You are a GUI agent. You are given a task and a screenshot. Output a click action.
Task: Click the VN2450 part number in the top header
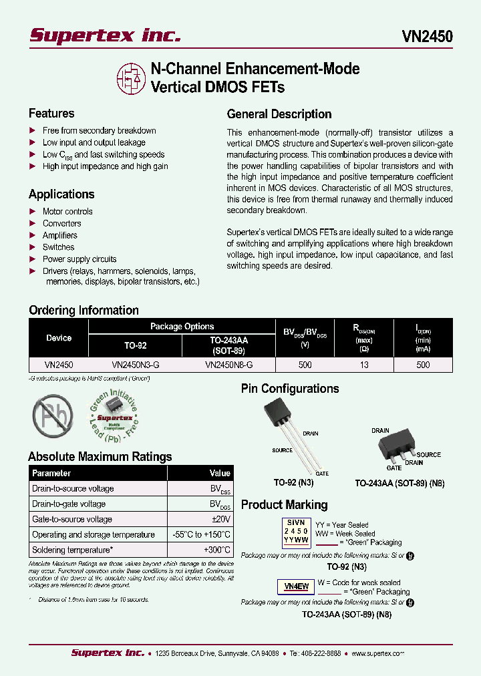pyautogui.click(x=427, y=36)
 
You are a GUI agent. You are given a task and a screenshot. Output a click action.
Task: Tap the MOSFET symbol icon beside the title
pyautogui.click(x=130, y=79)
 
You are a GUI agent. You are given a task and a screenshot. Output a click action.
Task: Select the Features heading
pyautogui.click(x=51, y=114)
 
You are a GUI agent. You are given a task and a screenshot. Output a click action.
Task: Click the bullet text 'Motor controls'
pyautogui.click(x=67, y=211)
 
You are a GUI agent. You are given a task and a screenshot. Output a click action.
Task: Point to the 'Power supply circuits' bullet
pyautogui.click(x=79, y=259)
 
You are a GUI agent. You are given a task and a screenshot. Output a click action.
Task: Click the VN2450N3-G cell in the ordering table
pyautogui.click(x=136, y=365)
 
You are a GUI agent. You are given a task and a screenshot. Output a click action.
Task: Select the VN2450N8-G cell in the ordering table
pyautogui.click(x=228, y=365)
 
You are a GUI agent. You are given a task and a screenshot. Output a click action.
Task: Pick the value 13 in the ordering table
pyautogui.click(x=365, y=365)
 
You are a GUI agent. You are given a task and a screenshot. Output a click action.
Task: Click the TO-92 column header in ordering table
pyautogui.click(x=136, y=345)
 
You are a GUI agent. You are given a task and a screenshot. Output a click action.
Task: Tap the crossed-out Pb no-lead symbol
pyautogui.click(x=52, y=416)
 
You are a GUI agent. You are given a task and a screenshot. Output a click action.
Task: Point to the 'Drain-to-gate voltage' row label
pyautogui.click(x=69, y=504)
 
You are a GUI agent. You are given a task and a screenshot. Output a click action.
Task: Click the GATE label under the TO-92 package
pyautogui.click(x=322, y=473)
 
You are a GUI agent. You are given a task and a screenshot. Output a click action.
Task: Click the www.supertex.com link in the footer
pyautogui.click(x=377, y=654)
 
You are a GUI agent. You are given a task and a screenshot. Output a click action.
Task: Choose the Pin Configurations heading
pyautogui.click(x=290, y=389)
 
